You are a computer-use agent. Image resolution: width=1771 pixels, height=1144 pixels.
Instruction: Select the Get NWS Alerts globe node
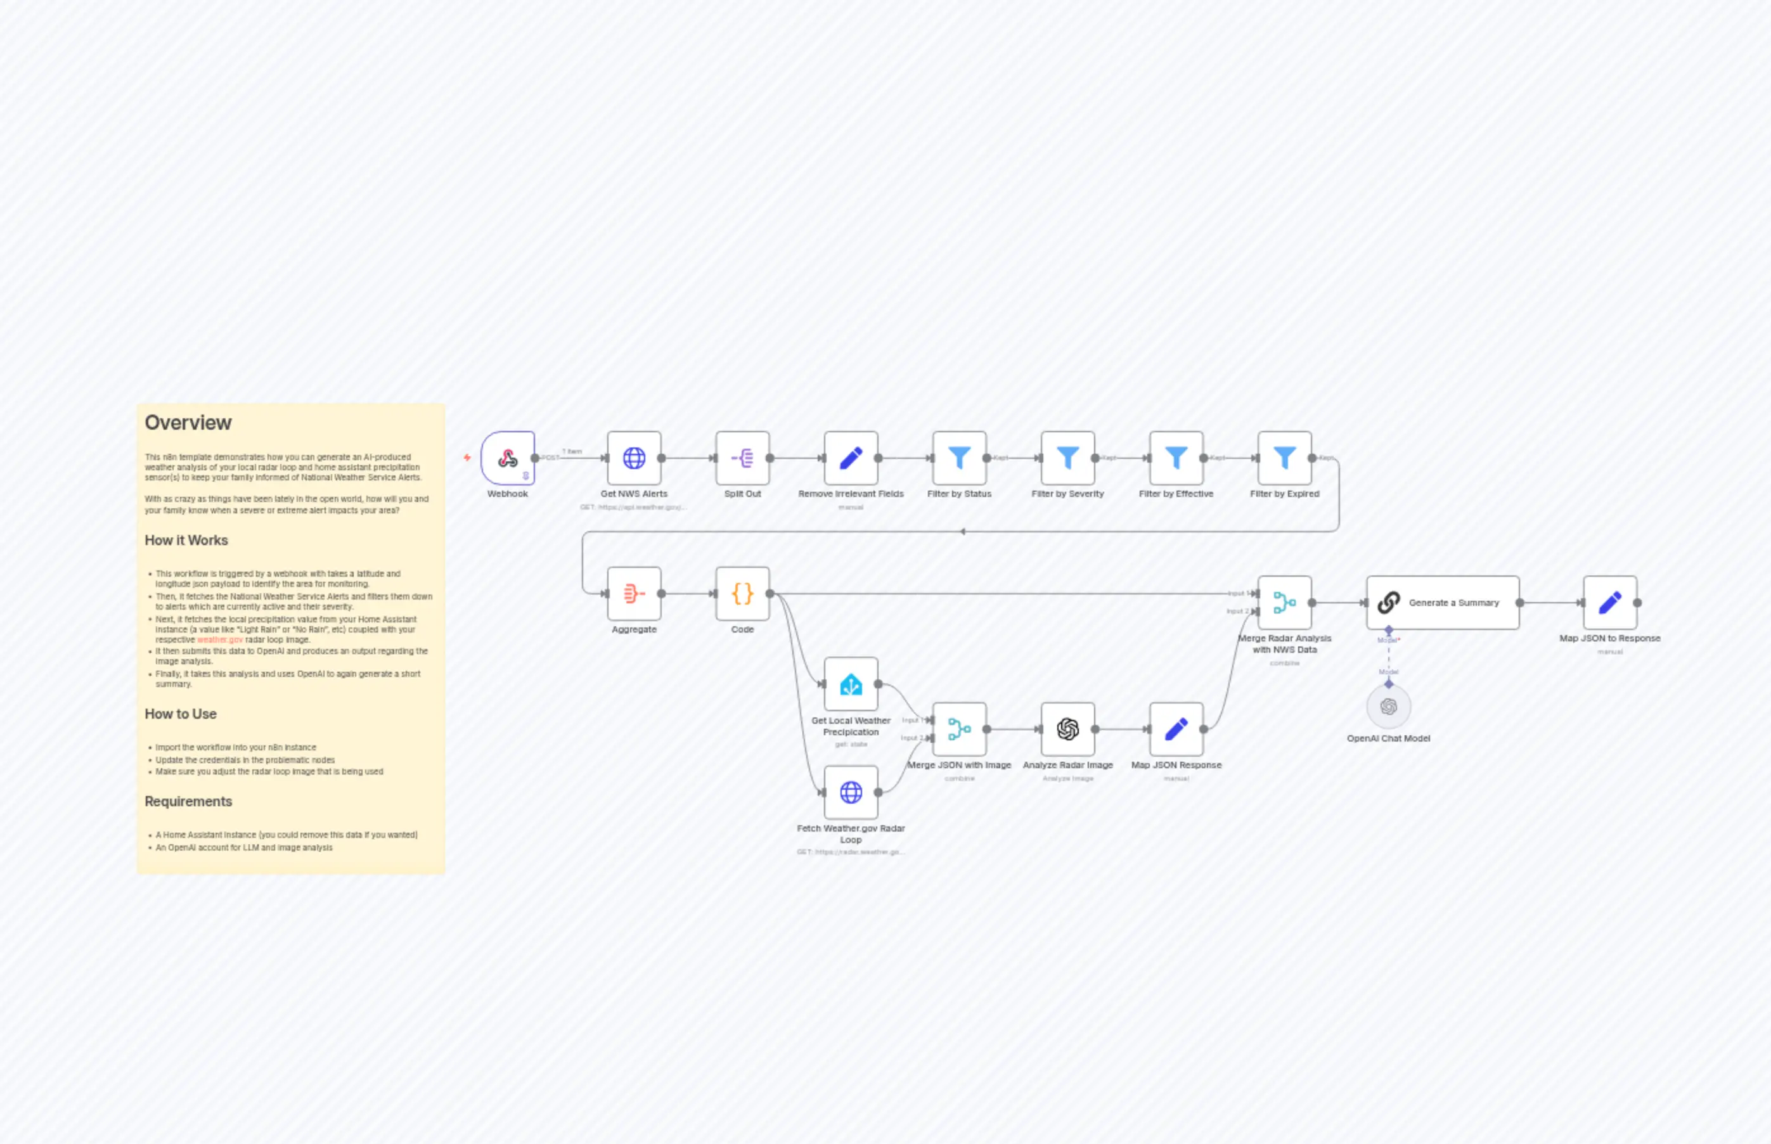pyautogui.click(x=634, y=458)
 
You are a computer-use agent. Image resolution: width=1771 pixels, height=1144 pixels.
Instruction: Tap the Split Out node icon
pyautogui.click(x=742, y=458)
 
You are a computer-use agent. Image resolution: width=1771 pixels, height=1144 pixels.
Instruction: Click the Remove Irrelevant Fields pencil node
pyautogui.click(x=851, y=458)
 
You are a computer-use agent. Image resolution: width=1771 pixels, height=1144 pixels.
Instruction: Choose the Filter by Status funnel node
pyautogui.click(x=959, y=458)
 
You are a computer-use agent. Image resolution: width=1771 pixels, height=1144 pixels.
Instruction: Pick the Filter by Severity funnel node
pyautogui.click(x=1067, y=458)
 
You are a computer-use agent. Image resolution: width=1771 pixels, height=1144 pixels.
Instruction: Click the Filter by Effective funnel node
pyautogui.click(x=1176, y=458)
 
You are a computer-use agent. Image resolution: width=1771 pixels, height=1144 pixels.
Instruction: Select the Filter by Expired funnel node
pyautogui.click(x=1284, y=458)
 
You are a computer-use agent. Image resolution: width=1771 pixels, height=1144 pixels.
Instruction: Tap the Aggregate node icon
pyautogui.click(x=634, y=593)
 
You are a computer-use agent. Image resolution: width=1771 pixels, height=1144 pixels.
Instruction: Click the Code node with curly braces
pyautogui.click(x=742, y=593)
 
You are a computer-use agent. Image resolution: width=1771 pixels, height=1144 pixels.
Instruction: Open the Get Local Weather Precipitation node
pyautogui.click(x=851, y=684)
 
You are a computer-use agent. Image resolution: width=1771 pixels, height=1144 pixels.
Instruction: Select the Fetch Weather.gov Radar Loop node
pyautogui.click(x=851, y=793)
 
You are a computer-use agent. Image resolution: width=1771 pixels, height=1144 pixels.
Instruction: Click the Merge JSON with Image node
pyautogui.click(x=959, y=729)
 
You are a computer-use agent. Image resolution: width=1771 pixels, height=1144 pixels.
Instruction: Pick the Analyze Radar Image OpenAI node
pyautogui.click(x=1067, y=729)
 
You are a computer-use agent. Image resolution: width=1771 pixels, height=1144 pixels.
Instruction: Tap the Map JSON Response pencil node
pyautogui.click(x=1176, y=729)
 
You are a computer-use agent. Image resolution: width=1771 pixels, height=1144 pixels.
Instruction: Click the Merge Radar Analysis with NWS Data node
pyautogui.click(x=1284, y=603)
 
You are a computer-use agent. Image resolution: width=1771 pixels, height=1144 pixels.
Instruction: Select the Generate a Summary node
pyautogui.click(x=1442, y=603)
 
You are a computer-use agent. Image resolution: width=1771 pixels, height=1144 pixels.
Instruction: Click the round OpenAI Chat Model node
pyautogui.click(x=1388, y=707)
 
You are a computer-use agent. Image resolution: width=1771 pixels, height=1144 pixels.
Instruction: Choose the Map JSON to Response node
pyautogui.click(x=1610, y=603)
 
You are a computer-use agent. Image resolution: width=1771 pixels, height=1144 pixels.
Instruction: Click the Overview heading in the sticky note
pyautogui.click(x=188, y=423)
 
